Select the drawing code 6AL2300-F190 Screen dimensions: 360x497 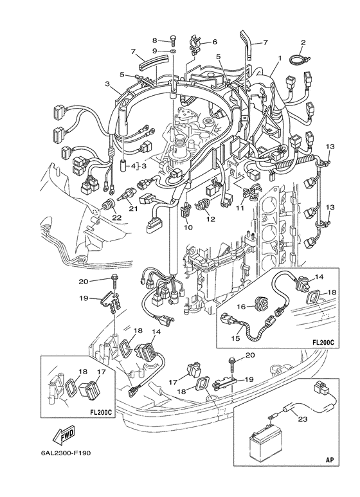coord(66,453)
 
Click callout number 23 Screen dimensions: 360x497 coord(303,419)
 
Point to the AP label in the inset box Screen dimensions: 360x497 coord(330,460)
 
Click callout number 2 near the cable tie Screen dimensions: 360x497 coord(303,42)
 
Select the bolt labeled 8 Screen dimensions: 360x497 coord(173,40)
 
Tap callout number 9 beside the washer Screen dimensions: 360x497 coord(154,51)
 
